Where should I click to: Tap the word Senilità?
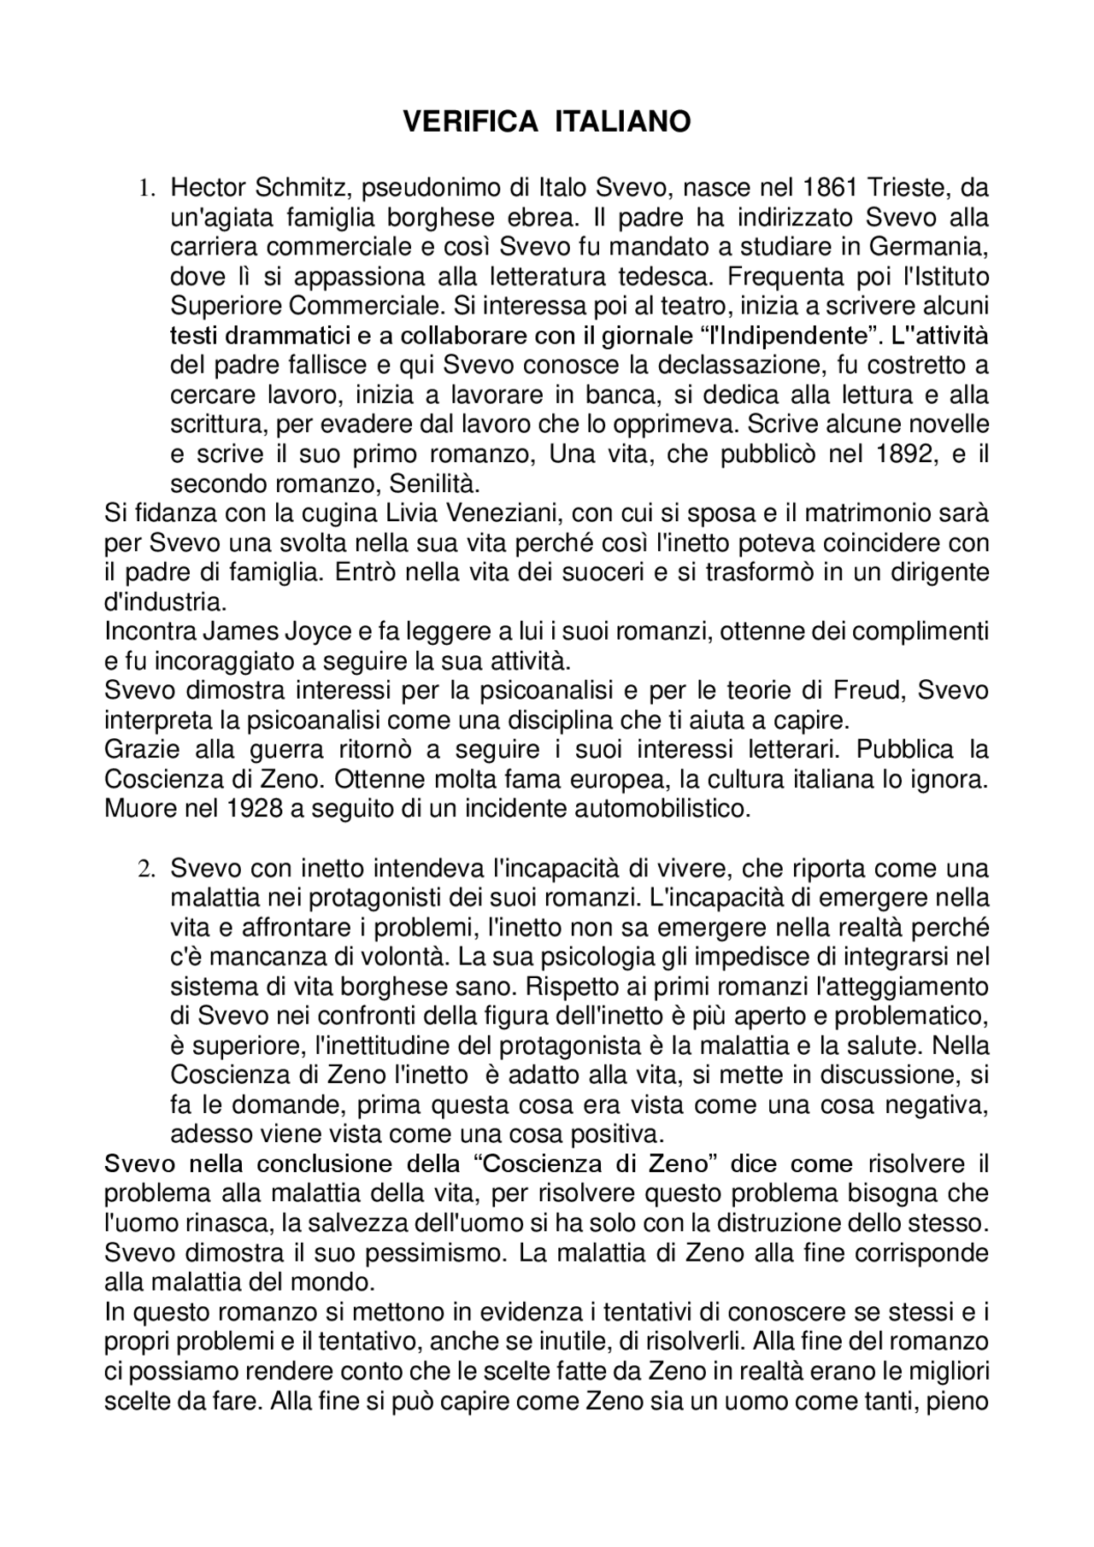435,483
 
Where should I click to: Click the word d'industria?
165,602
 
